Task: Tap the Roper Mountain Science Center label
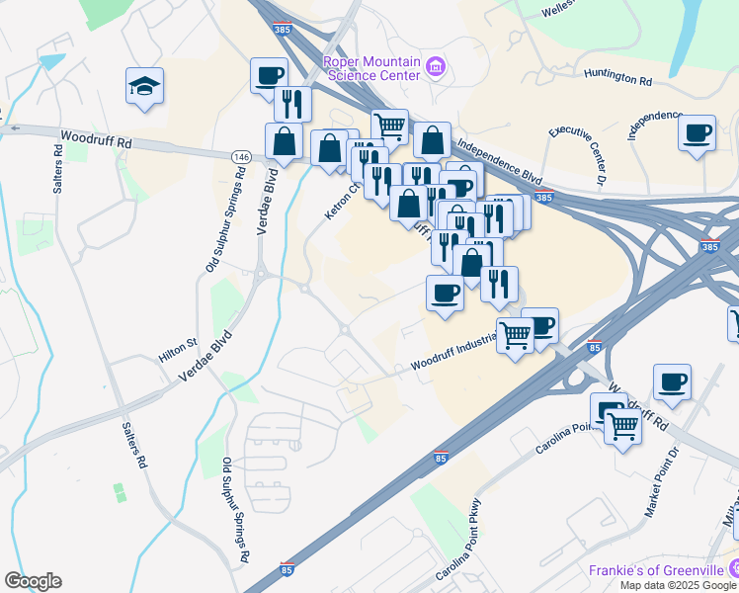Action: point(371,67)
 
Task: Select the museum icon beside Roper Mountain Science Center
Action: point(436,68)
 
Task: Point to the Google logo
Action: point(33,581)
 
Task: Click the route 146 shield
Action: point(241,157)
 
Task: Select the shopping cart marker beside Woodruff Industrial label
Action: point(515,335)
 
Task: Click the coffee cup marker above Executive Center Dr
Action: point(698,132)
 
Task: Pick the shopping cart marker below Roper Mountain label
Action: point(390,126)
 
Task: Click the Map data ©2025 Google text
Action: point(678,584)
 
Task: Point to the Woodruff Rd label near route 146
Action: point(95,141)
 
